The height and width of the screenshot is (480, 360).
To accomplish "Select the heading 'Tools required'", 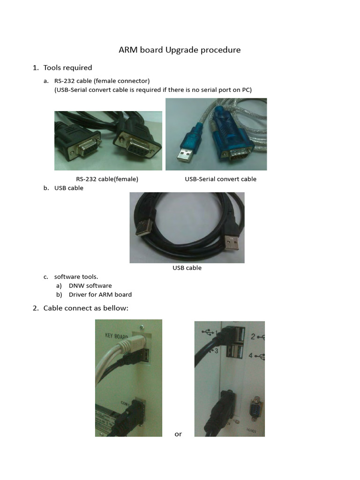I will click(x=67, y=67).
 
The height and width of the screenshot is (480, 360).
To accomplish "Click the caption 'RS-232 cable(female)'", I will click(x=107, y=179).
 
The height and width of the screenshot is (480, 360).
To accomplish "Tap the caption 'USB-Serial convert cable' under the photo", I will click(x=220, y=179).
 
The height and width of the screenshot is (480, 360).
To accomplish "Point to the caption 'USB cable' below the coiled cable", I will click(x=187, y=268).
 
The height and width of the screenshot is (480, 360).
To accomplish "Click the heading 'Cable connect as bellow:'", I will click(x=85, y=308).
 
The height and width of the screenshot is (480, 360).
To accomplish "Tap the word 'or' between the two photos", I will click(x=178, y=434).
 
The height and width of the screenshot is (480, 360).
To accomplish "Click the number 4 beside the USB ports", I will click(x=251, y=356).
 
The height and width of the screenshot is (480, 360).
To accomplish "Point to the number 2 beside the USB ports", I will click(x=253, y=336).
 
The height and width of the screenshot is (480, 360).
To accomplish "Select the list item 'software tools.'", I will click(x=76, y=277).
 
